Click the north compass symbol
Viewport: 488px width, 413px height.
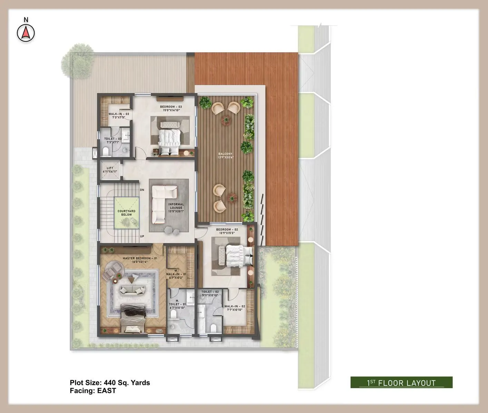26,33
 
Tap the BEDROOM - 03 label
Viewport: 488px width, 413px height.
171,107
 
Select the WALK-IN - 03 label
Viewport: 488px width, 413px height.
119,114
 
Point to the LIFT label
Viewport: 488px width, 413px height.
110,168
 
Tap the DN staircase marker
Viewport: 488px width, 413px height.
142,190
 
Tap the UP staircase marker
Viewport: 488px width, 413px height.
142,237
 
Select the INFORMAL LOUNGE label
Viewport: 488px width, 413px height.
176,206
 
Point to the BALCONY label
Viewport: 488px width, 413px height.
225,154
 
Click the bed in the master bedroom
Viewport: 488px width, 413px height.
133,320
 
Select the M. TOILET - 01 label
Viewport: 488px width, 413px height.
177,304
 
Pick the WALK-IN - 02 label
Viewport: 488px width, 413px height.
235,306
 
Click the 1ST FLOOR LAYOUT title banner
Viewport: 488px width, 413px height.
401,383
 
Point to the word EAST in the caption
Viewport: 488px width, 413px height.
107,391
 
